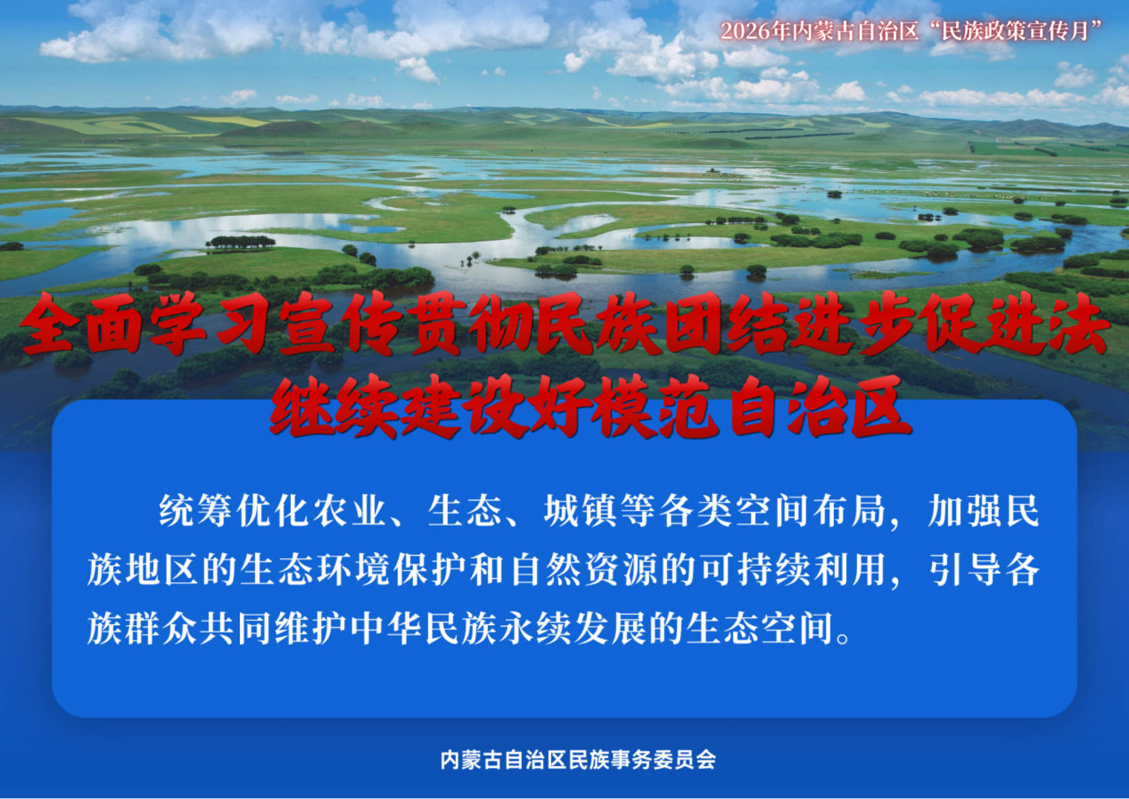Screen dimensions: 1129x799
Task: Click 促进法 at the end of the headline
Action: click(1011, 323)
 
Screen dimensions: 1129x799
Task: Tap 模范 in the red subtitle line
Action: click(655, 406)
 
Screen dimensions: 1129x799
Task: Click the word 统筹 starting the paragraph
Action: click(195, 510)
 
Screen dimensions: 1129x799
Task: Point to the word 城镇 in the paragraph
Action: click(580, 510)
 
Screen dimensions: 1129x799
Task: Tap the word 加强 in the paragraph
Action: click(965, 510)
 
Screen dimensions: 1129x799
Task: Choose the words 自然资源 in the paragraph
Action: click(585, 570)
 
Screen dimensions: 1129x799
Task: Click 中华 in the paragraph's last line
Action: click(386, 629)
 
